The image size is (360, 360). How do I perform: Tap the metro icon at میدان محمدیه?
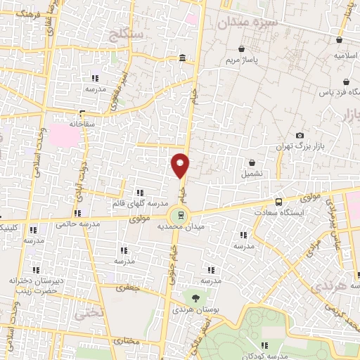click(181, 216)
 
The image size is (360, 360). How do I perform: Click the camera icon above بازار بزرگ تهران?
click(300, 135)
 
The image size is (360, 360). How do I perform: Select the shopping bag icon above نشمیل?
click(252, 162)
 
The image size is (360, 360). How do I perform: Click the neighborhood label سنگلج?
click(127, 33)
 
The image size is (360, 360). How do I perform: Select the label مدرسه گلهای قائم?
click(139, 203)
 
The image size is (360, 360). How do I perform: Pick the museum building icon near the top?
click(183, 58)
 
